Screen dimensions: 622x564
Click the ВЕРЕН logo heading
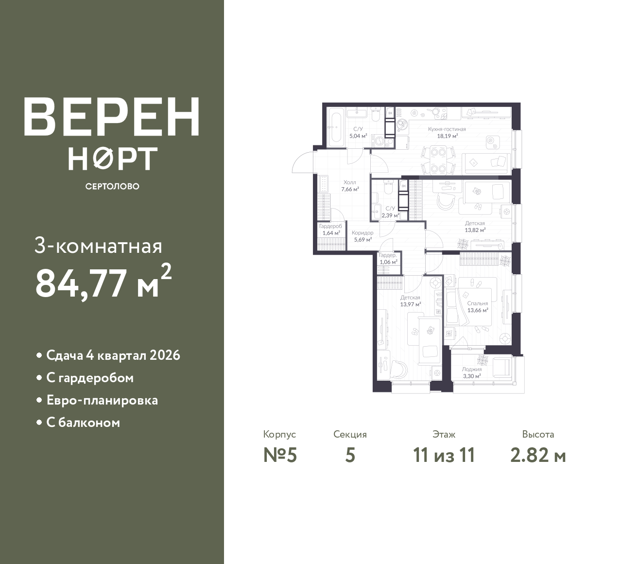(112, 117)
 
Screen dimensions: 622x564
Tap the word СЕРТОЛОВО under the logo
(112, 186)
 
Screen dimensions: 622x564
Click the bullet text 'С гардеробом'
(90, 378)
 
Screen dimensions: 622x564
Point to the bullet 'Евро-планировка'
(102, 400)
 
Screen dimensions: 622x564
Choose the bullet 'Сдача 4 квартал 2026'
(113, 355)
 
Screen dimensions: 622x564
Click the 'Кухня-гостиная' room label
(447, 129)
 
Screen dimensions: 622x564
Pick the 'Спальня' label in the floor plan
(478, 303)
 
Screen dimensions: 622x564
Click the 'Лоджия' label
(472, 369)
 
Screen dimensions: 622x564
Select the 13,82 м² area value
(475, 230)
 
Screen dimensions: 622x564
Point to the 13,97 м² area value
(410, 304)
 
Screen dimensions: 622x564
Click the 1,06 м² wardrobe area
(389, 262)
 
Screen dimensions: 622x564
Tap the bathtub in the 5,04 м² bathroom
(335, 128)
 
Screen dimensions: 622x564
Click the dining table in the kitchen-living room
(438, 160)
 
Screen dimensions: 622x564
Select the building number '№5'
(280, 455)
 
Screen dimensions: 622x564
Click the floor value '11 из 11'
(444, 455)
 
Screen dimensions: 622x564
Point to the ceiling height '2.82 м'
(538, 456)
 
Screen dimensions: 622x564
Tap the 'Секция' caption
(350, 435)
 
